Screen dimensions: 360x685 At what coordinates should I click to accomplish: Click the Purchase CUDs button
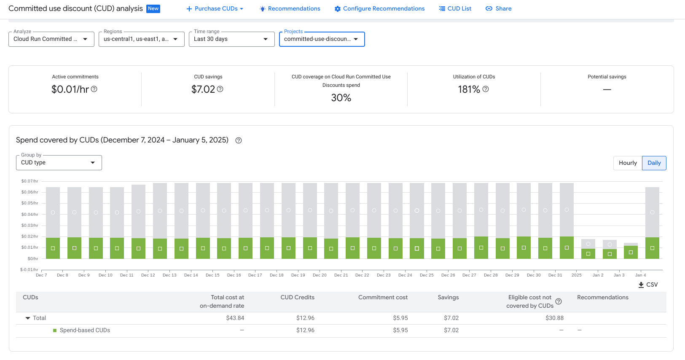(x=215, y=8)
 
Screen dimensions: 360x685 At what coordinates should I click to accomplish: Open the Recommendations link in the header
(x=290, y=8)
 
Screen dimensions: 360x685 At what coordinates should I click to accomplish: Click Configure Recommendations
(x=379, y=8)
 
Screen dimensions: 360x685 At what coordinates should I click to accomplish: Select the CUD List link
(x=455, y=8)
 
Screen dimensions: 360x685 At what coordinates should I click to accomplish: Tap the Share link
(x=499, y=8)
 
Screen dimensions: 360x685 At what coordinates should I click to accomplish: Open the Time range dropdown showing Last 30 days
(x=231, y=39)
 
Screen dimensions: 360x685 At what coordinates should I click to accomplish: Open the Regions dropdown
(x=141, y=39)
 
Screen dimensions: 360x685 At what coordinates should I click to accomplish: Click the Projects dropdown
(x=322, y=39)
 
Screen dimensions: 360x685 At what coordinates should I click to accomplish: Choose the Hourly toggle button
(x=628, y=163)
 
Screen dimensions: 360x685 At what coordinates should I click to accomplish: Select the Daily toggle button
(x=654, y=163)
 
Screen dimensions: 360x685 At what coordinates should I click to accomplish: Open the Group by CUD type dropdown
(x=59, y=163)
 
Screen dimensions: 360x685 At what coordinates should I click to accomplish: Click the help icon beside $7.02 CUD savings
(x=220, y=89)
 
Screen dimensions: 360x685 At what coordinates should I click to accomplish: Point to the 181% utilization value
(x=469, y=89)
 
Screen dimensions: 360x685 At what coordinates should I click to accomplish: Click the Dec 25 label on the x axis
(x=427, y=275)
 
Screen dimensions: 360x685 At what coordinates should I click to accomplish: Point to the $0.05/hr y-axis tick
(x=30, y=203)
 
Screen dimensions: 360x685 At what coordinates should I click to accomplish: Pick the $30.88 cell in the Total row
(x=554, y=318)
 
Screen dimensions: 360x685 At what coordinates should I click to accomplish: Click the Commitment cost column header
(x=383, y=298)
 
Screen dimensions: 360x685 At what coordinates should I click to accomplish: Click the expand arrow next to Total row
(x=28, y=318)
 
